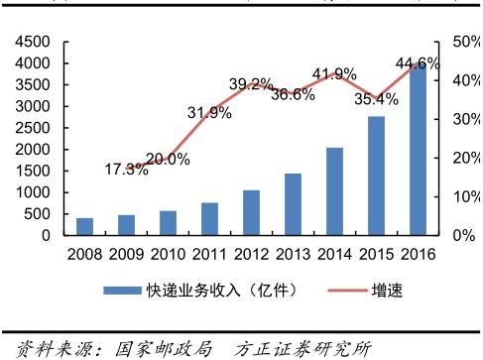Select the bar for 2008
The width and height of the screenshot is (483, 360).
[x=84, y=227]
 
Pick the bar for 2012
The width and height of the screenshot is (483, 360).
[x=251, y=212]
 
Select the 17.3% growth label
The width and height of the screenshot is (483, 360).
[x=126, y=170]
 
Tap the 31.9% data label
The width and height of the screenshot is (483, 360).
[x=209, y=112]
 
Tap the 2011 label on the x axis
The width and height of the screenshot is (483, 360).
[x=208, y=254]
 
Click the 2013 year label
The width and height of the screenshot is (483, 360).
[x=292, y=254]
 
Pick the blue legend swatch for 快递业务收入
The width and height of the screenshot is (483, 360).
[x=125, y=290]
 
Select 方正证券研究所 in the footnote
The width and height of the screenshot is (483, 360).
[x=303, y=348]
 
